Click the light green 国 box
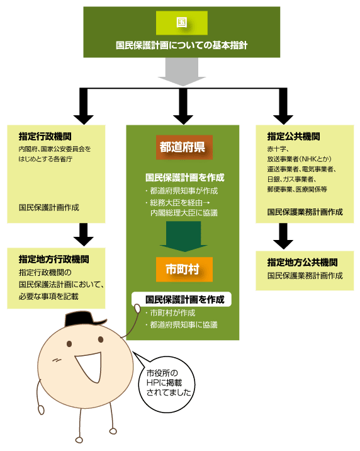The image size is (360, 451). pyautogui.click(x=182, y=23)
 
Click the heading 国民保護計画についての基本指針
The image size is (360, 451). pyautogui.click(x=182, y=45)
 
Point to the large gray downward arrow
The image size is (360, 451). pyautogui.click(x=182, y=72)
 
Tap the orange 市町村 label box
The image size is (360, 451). pyautogui.click(x=184, y=269)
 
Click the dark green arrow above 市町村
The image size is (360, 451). pyautogui.click(x=184, y=236)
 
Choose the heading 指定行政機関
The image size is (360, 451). pyautogui.click(x=45, y=136)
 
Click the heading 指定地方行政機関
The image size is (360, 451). pyautogui.click(x=53, y=259)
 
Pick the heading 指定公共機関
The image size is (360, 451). pyautogui.click(x=293, y=136)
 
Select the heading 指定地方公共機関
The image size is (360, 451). pyautogui.click(x=302, y=262)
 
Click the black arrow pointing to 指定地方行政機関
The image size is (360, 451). pyautogui.click(x=84, y=234)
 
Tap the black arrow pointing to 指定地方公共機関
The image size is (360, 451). pyautogui.click(x=283, y=236)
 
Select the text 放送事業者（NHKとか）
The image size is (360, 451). pyautogui.click(x=299, y=159)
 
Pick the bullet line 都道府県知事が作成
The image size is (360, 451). pyautogui.click(x=181, y=191)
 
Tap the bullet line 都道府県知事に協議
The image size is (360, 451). pyautogui.click(x=181, y=325)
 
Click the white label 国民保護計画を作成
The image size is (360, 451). pyautogui.click(x=182, y=299)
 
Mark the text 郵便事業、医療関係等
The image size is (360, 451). pyautogui.click(x=297, y=189)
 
